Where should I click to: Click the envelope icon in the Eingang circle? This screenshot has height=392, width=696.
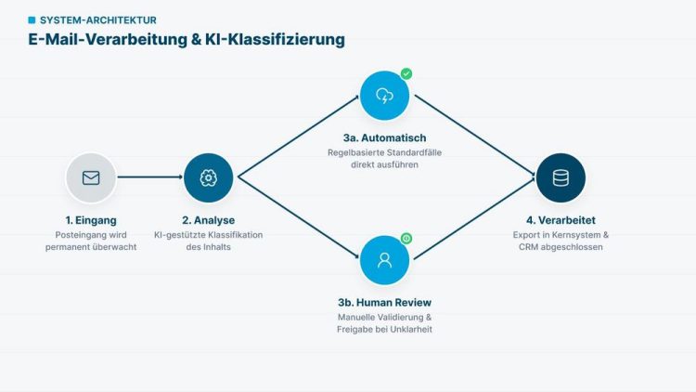pos(91,177)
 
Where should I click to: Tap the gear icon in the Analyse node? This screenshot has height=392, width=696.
pos(208,177)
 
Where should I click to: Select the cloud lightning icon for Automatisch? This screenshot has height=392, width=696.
pos(384,96)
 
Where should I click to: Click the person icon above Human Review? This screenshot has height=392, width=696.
pos(384,260)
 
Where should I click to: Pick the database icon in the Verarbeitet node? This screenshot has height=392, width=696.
pos(561,177)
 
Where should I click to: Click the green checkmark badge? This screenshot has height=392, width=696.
pos(406,73)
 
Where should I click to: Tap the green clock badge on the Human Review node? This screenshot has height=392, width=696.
pos(406,239)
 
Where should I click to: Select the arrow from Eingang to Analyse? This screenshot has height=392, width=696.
pos(150,176)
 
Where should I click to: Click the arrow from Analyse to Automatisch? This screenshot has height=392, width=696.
pos(299,137)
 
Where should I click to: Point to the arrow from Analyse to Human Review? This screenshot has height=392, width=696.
pos(299,217)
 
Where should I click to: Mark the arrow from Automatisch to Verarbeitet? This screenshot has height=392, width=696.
pos(475,135)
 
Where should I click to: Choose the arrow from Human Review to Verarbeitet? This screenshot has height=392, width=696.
pos(475,218)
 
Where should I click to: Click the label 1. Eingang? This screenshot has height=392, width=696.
pos(91,220)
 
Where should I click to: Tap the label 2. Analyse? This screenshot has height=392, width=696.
pos(208,220)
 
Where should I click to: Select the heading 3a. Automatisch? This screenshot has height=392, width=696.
pos(384,137)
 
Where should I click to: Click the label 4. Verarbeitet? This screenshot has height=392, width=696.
pos(561,220)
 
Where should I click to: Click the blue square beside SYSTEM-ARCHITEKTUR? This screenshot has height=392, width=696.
pos(32,20)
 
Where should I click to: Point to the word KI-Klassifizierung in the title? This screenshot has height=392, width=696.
pos(275,39)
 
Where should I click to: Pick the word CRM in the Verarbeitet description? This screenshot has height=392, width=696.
pos(529,247)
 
